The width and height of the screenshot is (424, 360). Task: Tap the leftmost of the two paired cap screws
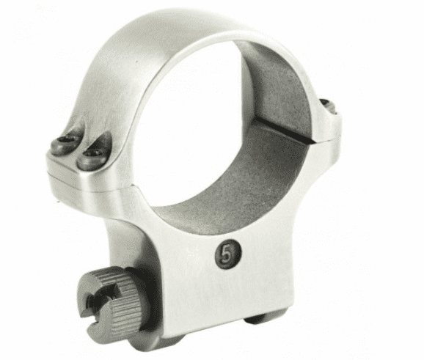(x=65, y=144)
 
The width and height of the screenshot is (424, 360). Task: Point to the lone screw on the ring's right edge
(x=329, y=106)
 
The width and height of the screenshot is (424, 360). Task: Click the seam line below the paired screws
(x=89, y=186)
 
